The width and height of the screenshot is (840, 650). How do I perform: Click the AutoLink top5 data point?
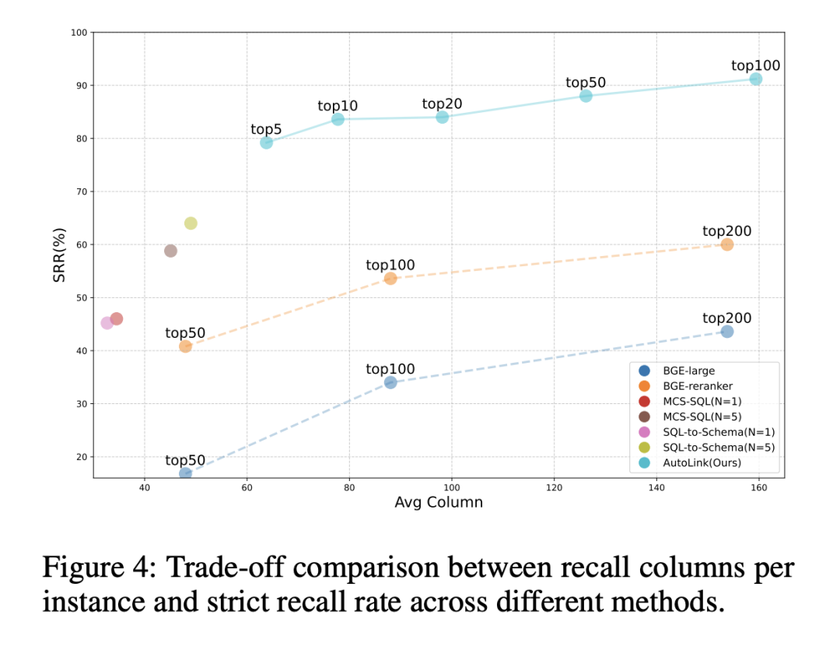pos(266,142)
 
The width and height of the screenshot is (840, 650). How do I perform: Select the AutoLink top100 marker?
pos(755,79)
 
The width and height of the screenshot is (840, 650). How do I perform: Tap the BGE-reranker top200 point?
pos(726,244)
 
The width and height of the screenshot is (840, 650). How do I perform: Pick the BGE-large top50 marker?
pos(185,473)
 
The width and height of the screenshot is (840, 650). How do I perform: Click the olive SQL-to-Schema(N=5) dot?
pos(191,223)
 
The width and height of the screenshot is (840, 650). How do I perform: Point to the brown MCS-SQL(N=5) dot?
pos(170,251)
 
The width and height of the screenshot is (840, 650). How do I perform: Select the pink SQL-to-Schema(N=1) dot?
pos(107,322)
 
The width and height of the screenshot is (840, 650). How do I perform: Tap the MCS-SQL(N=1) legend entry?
pos(701,401)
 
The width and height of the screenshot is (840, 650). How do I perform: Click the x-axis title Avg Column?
pos(439,503)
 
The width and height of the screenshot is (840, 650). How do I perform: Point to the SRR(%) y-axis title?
pos(59,255)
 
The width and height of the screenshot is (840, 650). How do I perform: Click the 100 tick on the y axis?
pos(79,33)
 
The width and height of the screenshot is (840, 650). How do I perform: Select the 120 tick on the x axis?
pos(554,488)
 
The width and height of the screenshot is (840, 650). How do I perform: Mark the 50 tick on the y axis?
pos(81,297)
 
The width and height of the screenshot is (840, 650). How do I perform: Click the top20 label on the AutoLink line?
pos(442,104)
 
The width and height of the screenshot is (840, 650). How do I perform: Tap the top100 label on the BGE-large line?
pos(390,369)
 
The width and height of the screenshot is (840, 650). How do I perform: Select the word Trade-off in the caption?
pos(208,567)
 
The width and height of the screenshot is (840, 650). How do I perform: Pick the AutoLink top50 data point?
pos(586,96)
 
